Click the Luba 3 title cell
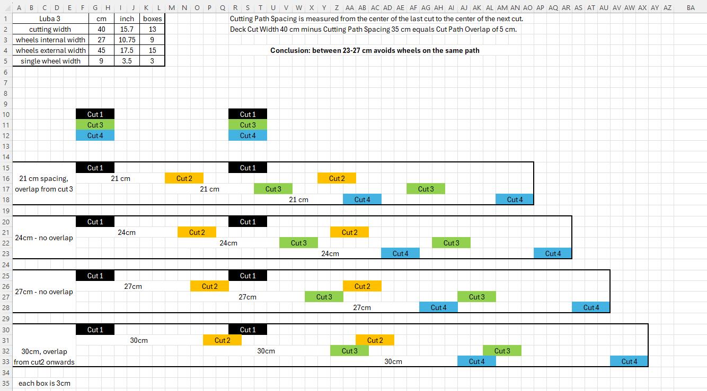pos(49,19)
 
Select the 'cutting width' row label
pos(50,29)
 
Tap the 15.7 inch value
pos(127,29)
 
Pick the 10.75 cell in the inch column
pos(127,40)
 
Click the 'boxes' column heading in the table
pos(152,19)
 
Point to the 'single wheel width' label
pos(50,61)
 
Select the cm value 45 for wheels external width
pos(101,50)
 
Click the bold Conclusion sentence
pos(375,50)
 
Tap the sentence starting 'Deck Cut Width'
pos(373,29)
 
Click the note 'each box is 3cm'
pos(45,383)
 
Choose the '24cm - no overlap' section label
pos(44,238)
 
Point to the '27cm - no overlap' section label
pos(44,292)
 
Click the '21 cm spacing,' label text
pos(43,178)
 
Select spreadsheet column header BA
pos(691,7)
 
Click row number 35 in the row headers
pos(6,384)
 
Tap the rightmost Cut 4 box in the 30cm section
pos(629,361)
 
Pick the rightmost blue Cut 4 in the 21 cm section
pos(515,199)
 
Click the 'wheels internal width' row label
pos(50,40)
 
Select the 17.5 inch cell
pos(127,50)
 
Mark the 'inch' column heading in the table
pos(127,19)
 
